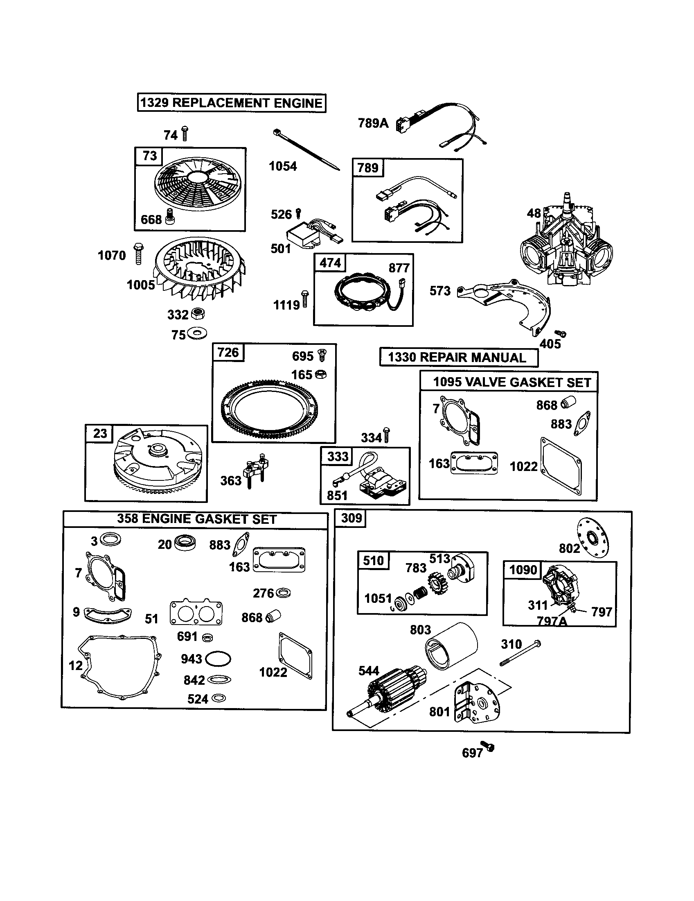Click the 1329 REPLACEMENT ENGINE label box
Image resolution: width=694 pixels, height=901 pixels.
coord(231,103)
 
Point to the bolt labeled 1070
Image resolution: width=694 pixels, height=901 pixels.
coord(138,254)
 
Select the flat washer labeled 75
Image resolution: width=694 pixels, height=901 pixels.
coord(196,333)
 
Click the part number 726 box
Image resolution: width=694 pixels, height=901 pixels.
coord(228,353)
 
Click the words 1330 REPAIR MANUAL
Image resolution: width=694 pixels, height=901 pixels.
coord(458,357)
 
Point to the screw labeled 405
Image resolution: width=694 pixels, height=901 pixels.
coord(560,333)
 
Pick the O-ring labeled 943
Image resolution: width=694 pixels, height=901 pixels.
coord(218,659)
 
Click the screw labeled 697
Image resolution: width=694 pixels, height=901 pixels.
coord(488,747)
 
